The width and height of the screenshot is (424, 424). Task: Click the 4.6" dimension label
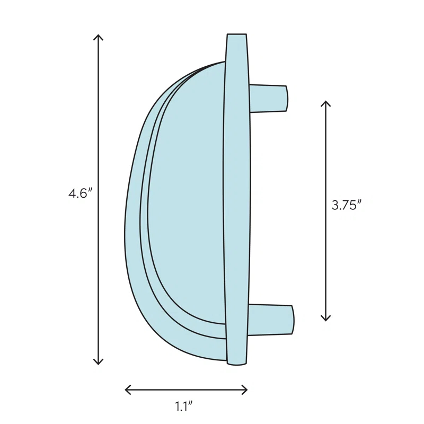click(80, 193)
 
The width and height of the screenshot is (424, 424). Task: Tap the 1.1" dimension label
click(183, 407)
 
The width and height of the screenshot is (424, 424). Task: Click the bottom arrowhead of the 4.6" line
click(98, 363)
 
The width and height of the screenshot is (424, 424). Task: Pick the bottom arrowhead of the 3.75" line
click(325, 319)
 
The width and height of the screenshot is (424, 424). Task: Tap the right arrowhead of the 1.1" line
click(246, 390)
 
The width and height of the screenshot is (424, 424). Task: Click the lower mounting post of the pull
click(270, 319)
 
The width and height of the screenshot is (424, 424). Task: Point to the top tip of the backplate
click(236, 36)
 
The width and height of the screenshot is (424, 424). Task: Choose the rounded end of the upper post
click(286, 98)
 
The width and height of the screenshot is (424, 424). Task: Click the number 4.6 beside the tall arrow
click(78, 193)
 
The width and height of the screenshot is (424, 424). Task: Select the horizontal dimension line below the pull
click(186, 390)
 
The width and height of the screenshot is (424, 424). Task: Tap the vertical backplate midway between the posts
click(236, 207)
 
